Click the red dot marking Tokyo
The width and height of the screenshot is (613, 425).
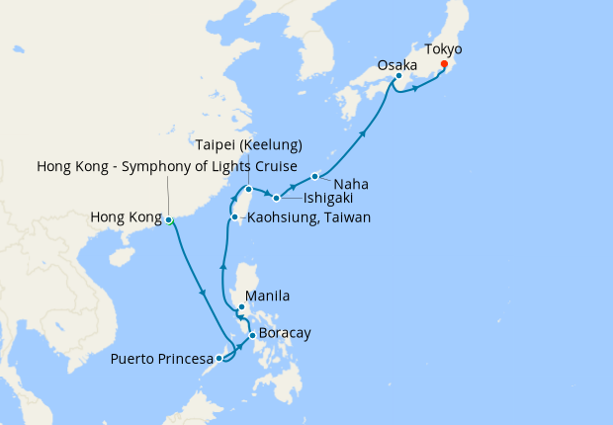tap(443, 65)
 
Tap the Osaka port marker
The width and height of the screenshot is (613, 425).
tap(397, 76)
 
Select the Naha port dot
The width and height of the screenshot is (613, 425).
tap(314, 177)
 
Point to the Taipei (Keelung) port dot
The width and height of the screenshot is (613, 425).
tap(249, 189)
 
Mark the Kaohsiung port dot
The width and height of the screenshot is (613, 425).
tap(233, 217)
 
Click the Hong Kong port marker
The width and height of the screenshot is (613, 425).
tap(169, 219)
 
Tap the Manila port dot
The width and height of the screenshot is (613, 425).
tap(241, 307)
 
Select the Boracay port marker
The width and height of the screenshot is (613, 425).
tap(253, 336)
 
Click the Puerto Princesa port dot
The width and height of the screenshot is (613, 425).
tap(219, 359)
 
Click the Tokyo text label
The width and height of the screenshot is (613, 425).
tap(442, 48)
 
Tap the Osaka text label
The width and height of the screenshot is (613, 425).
tap(396, 65)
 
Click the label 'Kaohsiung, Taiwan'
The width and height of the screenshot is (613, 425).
tap(307, 217)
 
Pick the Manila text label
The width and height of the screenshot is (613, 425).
tap(267, 296)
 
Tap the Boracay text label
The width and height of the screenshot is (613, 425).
tap(286, 333)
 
